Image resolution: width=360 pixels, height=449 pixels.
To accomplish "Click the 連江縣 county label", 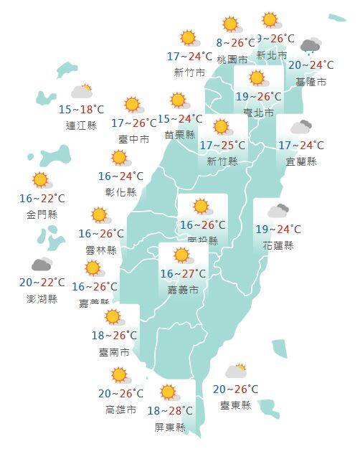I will pyautogui.click(x=80, y=126).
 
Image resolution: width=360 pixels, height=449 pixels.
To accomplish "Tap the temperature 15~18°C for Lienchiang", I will pyautogui.click(x=80, y=110).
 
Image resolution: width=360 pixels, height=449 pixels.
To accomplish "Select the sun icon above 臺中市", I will pyautogui.click(x=132, y=106).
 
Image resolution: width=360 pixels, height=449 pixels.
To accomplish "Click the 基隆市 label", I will pyautogui.click(x=311, y=82).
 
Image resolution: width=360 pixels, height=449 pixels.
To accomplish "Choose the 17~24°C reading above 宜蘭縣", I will pyautogui.click(x=301, y=146).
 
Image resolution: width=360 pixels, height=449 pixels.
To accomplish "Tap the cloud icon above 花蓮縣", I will pyautogui.click(x=278, y=212).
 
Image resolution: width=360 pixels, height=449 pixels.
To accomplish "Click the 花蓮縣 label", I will pyautogui.click(x=279, y=245).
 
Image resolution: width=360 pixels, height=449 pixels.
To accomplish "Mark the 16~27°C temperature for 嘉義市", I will pyautogui.click(x=184, y=273).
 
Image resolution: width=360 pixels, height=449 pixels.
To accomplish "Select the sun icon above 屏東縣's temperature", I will pyautogui.click(x=169, y=392).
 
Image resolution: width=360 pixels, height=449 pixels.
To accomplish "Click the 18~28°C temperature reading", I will pyautogui.click(x=169, y=410).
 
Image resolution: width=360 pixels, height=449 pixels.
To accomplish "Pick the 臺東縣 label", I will pyautogui.click(x=236, y=405).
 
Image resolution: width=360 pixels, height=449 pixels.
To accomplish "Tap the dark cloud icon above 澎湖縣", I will pyautogui.click(x=42, y=265).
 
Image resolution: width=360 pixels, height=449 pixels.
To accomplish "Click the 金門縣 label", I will pyautogui.click(x=42, y=214).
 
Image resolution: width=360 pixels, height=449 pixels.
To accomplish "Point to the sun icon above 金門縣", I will pyautogui.click(x=41, y=180).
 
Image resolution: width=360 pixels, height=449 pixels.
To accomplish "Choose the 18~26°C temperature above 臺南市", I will pyautogui.click(x=115, y=335).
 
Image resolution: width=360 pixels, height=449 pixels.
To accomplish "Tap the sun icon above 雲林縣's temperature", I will pyautogui.click(x=99, y=214).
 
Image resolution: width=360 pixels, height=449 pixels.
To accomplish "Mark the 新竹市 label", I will pyautogui.click(x=189, y=72).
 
